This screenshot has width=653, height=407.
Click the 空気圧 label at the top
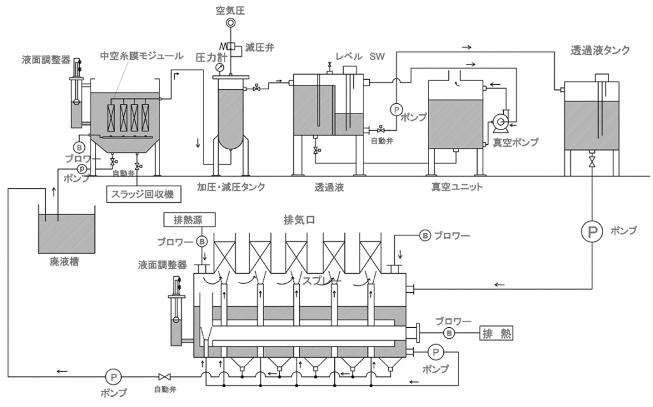[x=230, y=10]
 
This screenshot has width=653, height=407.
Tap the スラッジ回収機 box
[x=140, y=194]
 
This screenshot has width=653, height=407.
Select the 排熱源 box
[x=189, y=219]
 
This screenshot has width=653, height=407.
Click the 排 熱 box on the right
[x=496, y=333]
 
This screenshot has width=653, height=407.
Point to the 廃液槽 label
[x=64, y=262]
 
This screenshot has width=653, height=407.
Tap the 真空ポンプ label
[x=515, y=142]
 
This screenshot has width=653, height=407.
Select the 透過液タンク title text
[x=600, y=50]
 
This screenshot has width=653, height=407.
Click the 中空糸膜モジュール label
[x=142, y=56]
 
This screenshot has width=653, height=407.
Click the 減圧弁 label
[x=260, y=47]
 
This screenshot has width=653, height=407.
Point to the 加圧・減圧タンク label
[x=231, y=187]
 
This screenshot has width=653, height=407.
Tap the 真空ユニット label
[x=457, y=187]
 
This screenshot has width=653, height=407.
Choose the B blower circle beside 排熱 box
[x=449, y=333]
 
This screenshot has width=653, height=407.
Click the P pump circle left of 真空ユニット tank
[x=396, y=110]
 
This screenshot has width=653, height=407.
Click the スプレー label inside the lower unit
[x=321, y=281]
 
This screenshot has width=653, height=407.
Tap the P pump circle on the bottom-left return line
[x=113, y=377]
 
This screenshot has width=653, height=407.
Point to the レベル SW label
[x=360, y=56]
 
